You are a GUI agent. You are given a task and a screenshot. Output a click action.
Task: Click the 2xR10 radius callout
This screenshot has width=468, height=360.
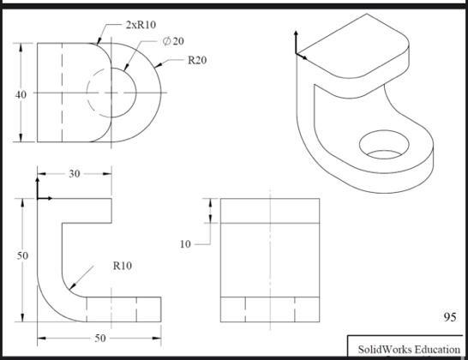[x=141, y=25]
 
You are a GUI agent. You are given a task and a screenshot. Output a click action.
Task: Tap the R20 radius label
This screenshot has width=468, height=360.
[x=197, y=60]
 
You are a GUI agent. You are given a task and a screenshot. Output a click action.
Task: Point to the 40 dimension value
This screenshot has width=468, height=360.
[x=21, y=94]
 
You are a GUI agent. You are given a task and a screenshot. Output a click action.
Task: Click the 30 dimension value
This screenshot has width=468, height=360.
[x=74, y=173]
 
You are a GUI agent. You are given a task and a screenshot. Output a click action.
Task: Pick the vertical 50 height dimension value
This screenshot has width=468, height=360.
[x=21, y=255]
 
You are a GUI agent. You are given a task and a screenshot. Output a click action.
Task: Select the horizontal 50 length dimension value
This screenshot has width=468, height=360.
[x=99, y=338]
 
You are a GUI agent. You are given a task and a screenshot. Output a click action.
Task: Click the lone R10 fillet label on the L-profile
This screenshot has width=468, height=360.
[x=122, y=266]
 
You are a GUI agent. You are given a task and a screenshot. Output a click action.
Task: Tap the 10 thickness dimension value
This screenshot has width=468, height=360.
[x=185, y=244]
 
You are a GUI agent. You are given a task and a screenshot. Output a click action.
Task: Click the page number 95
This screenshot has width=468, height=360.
[x=449, y=317]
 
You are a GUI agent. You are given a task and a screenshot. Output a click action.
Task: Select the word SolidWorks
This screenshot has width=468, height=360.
[x=384, y=349]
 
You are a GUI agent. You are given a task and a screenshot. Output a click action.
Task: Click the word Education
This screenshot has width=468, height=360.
[x=437, y=349]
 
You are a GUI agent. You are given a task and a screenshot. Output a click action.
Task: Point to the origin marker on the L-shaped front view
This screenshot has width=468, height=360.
[x=39, y=197]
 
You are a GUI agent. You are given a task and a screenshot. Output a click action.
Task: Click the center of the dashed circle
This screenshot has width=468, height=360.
[x=111, y=92]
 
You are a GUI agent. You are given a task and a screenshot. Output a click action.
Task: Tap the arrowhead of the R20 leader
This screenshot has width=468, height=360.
[x=155, y=71]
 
